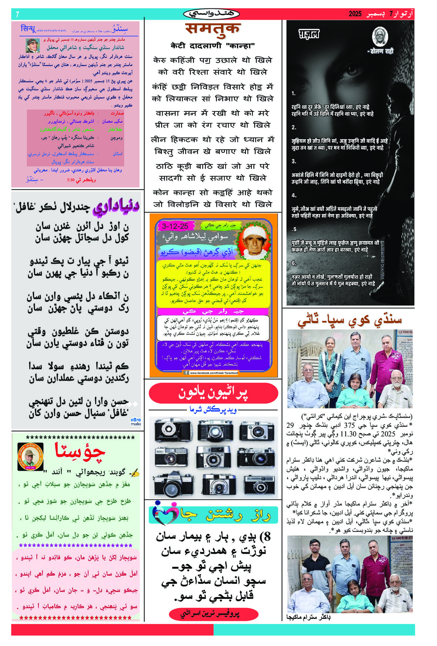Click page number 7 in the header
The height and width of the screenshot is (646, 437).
pos(17,14)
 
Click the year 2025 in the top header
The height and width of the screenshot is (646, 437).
pos(355,14)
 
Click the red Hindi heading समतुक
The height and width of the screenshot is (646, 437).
pos(213,29)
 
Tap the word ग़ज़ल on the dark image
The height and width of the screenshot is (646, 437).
pos(309,35)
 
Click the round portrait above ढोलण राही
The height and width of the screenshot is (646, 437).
pos(380,37)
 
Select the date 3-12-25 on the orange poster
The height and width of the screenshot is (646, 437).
pos(175,226)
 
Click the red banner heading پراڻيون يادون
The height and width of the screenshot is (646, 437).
pos(213,393)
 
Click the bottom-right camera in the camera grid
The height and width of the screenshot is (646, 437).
pos(259,483)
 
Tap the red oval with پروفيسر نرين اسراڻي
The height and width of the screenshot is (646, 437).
pos(213,614)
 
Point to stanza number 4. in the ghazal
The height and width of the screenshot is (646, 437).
pos(294,195)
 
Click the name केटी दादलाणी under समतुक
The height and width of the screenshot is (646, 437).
pos(213,46)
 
